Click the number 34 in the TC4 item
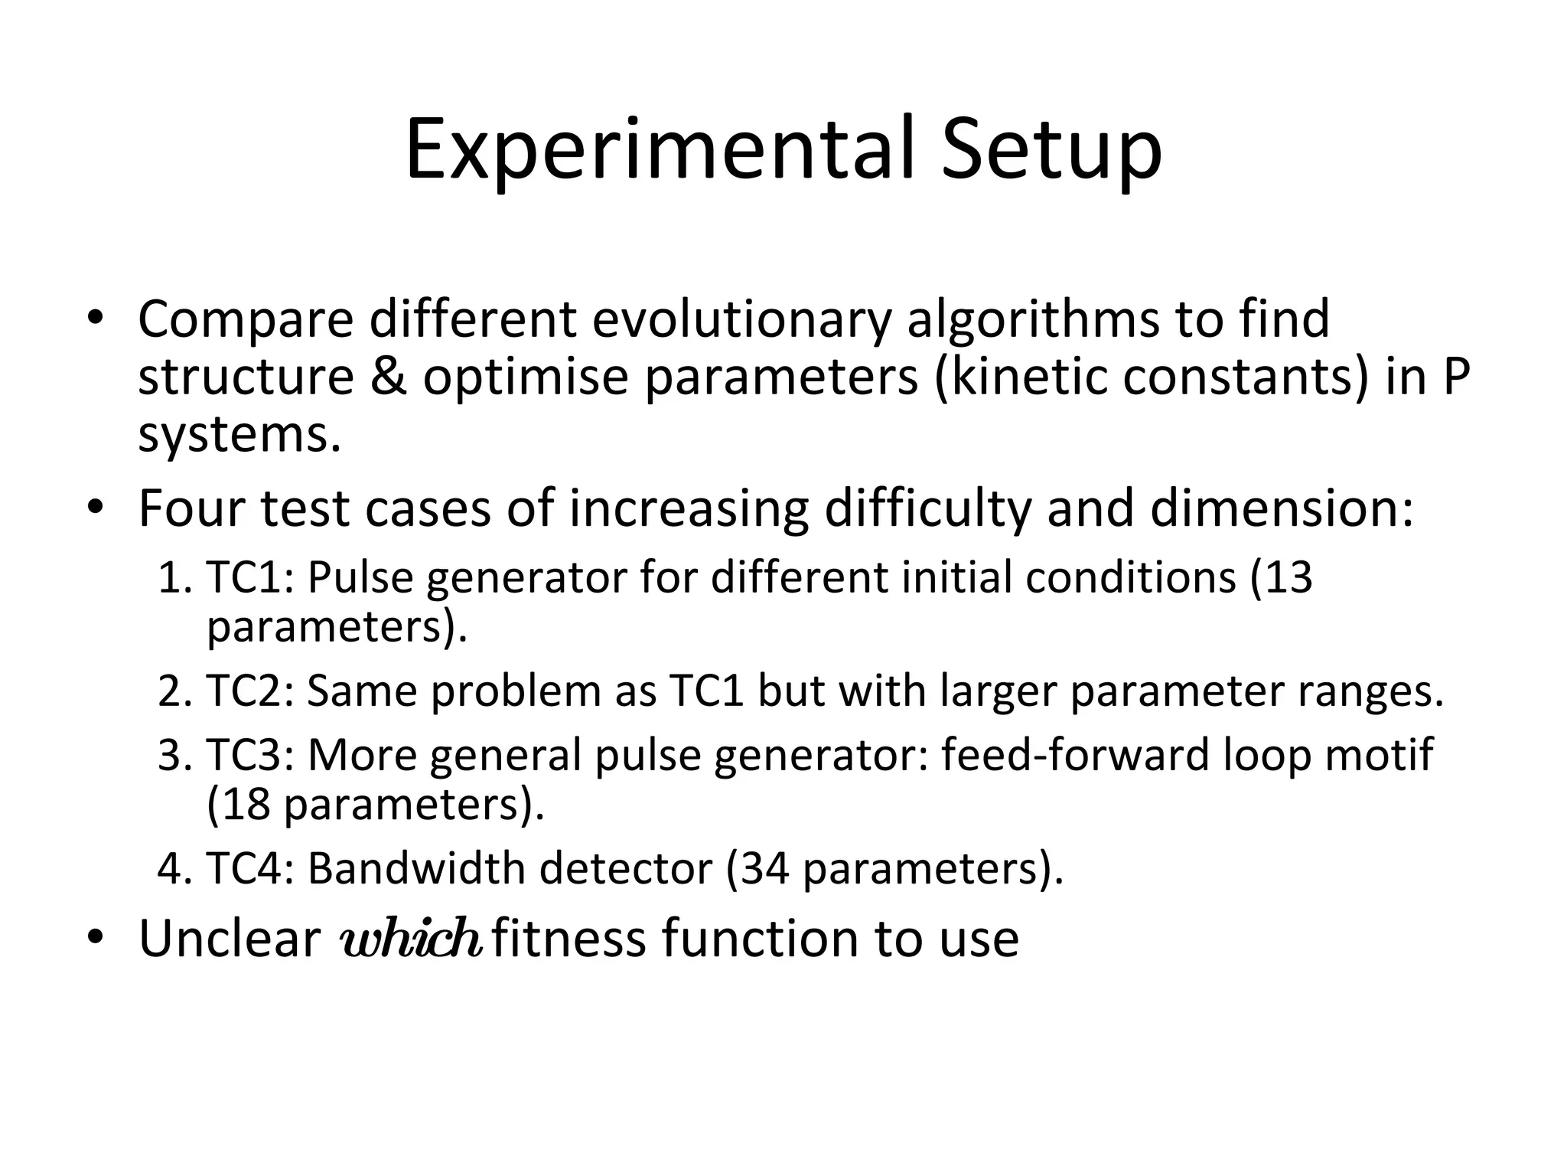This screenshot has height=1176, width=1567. [x=765, y=868]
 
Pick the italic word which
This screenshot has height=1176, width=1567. [x=410, y=938]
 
